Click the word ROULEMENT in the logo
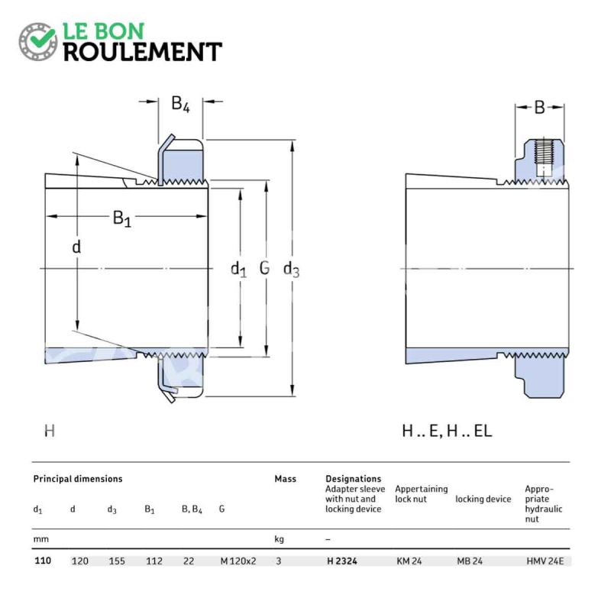tap(143, 52)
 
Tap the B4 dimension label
tap(180, 104)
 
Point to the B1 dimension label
tap(122, 218)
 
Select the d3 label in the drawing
tap(291, 269)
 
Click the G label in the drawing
tap(264, 268)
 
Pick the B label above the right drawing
tap(540, 108)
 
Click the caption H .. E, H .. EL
tap(447, 431)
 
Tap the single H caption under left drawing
tap(50, 431)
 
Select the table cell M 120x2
tap(238, 561)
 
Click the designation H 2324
tap(341, 561)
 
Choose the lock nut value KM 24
tap(409, 561)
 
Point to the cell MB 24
tap(470, 561)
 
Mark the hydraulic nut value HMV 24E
tap(545, 561)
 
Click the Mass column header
tap(285, 479)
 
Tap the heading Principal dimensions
tap(78, 479)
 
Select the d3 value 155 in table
tap(117, 561)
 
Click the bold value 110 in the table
tap(43, 561)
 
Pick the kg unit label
tap(279, 539)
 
